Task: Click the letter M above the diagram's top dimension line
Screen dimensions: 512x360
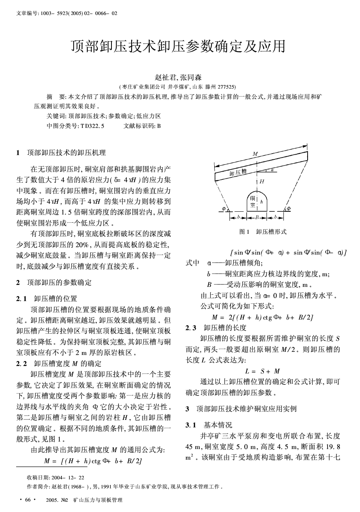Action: pos(255,153)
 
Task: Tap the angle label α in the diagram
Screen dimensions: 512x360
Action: pos(272,170)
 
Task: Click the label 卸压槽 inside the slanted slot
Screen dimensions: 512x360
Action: pos(238,172)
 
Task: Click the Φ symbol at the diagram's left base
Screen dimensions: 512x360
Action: pos(224,209)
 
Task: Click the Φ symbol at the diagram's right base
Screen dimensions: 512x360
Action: pos(288,209)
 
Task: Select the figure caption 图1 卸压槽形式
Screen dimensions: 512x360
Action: pos(263,232)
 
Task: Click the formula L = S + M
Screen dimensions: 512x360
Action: pos(262,371)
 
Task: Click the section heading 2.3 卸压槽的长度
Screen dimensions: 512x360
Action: pos(216,328)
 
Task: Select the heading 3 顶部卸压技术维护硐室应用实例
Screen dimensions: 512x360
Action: pos(241,409)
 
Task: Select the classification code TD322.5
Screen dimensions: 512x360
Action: pos(93,126)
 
